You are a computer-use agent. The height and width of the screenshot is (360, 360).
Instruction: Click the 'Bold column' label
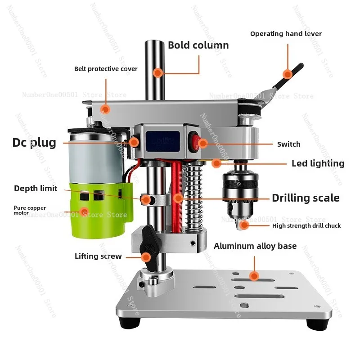pyautogui.click(x=198, y=45)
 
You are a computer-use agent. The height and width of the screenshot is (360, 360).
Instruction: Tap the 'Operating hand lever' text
pyautogui.click(x=286, y=34)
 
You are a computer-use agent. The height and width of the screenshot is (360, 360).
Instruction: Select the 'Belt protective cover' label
pyautogui.click(x=106, y=69)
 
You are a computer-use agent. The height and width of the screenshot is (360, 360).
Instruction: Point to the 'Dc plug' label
pyautogui.click(x=34, y=143)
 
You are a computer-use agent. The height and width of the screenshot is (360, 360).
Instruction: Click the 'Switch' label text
pyautogui.click(x=288, y=144)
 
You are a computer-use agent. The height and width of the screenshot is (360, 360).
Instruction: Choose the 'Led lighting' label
pyautogui.click(x=318, y=163)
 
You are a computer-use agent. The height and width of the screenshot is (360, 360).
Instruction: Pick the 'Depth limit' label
pyautogui.click(x=36, y=189)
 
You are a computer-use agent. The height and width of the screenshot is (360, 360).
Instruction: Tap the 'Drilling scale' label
pyautogui.click(x=306, y=198)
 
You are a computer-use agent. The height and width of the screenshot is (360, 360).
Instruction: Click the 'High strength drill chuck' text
pyautogui.click(x=306, y=226)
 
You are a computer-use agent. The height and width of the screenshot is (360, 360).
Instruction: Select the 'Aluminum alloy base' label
pyautogui.click(x=255, y=246)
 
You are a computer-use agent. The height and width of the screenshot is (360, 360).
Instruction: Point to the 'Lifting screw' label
pyautogui.click(x=98, y=256)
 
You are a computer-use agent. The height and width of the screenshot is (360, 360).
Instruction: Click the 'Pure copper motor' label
pyautogui.click(x=29, y=210)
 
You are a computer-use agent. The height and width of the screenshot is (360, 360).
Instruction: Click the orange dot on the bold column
pyautogui.click(x=157, y=72)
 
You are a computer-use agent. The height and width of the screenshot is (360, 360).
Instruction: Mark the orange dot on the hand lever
pyautogui.click(x=287, y=74)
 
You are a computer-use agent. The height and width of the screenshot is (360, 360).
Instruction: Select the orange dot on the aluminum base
pyautogui.click(x=254, y=276)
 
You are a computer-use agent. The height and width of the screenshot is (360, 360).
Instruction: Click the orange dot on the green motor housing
pyautogui.click(x=84, y=211)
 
